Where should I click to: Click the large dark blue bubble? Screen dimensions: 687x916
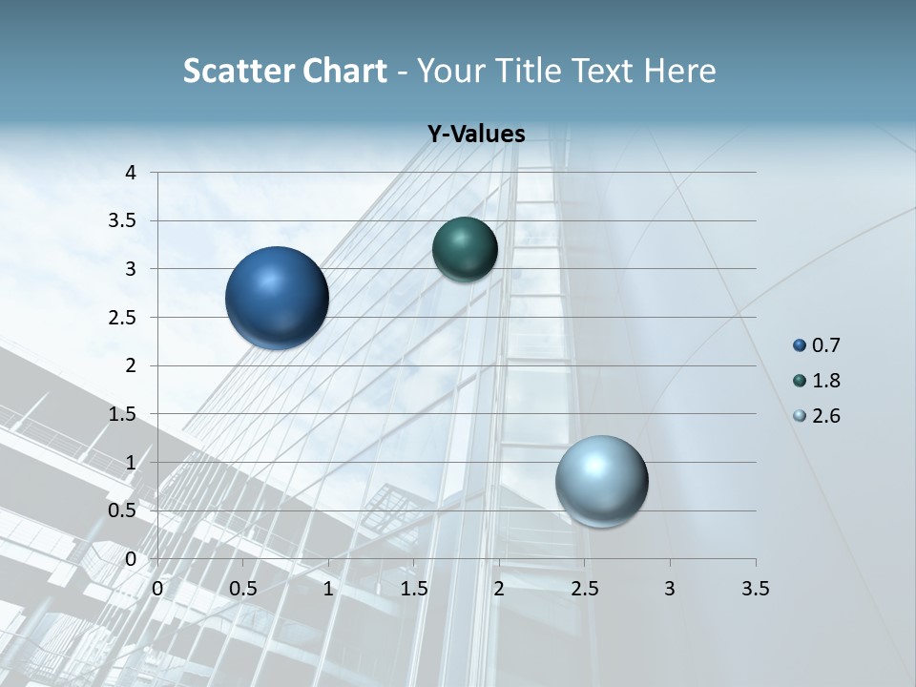tap(277, 298)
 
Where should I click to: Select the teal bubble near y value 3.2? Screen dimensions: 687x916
tap(465, 249)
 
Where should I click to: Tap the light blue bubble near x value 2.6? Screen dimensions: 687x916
tap(601, 481)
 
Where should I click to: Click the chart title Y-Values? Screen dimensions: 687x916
tap(476, 135)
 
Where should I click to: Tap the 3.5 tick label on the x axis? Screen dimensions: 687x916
tap(755, 589)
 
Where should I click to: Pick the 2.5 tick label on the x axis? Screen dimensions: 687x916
tap(584, 589)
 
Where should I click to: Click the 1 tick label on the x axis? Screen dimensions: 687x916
tap(328, 589)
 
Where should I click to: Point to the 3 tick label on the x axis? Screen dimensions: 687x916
tap(670, 589)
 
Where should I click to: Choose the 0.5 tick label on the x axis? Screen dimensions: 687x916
tap(242, 589)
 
